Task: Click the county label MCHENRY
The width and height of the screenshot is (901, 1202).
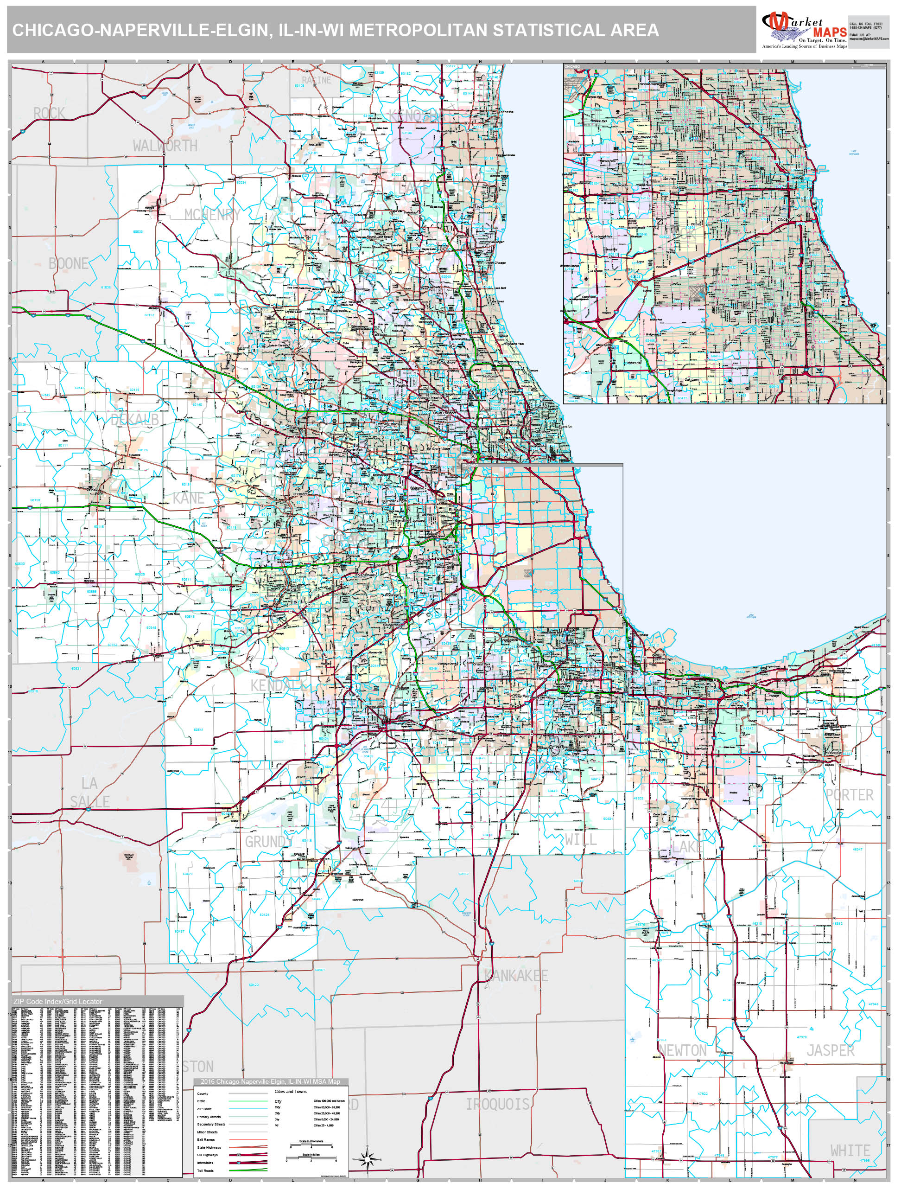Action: click(212, 215)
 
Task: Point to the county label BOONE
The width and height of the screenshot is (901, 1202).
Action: click(68, 263)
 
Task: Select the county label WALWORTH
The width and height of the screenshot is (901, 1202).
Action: click(165, 146)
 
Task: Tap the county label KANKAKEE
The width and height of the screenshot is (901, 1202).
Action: click(516, 976)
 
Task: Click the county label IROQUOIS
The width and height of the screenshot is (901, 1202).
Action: click(497, 1104)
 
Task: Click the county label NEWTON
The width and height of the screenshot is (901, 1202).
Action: click(683, 1050)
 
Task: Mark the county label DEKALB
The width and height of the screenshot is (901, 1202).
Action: click(135, 420)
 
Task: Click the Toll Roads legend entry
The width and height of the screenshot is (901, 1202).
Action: click(205, 1170)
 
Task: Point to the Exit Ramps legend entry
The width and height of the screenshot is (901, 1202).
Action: click(206, 1139)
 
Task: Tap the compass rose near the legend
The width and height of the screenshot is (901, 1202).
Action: click(368, 1159)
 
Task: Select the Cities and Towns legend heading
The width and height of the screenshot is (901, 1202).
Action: click(290, 1091)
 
